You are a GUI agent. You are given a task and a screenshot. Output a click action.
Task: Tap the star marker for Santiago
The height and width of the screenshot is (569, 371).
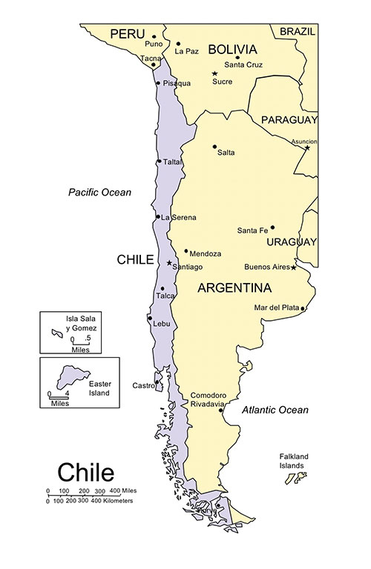coord(169,263)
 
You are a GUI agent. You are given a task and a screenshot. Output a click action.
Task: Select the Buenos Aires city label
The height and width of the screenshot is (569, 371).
coord(266,267)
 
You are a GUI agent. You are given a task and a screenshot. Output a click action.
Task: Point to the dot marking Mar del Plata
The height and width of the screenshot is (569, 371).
coord(303,308)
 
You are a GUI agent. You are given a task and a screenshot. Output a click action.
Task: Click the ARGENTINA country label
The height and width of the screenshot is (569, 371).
coord(234,287)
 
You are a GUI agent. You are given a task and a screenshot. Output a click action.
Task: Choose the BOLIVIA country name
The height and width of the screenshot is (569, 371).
coord(232,50)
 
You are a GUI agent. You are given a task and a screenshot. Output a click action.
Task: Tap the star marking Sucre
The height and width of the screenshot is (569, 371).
coord(215,73)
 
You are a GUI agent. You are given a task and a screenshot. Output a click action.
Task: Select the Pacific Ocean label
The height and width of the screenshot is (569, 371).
coord(99,193)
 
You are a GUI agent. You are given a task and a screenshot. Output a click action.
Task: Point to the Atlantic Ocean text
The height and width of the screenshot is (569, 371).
coord(275,410)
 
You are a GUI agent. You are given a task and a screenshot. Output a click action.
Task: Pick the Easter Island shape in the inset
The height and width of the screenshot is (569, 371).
coord(73,376)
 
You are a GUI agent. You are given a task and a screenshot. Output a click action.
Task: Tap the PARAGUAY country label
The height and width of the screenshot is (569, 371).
coord(289,119)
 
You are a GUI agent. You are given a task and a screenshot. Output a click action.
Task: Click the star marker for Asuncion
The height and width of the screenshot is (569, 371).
coord(307,147)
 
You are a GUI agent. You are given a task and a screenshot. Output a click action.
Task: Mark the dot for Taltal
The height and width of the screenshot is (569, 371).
coord(159,162)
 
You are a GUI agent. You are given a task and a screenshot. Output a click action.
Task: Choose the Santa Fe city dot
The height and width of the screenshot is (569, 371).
coord(272,227)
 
